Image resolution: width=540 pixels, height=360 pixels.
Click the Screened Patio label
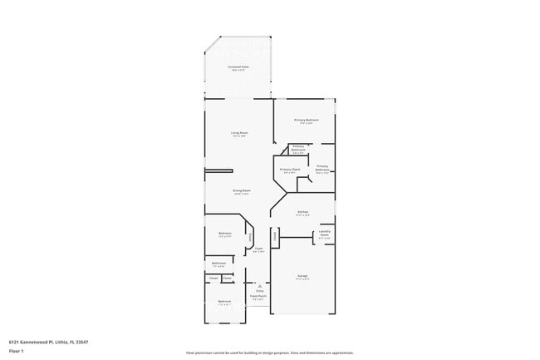pos(239,67)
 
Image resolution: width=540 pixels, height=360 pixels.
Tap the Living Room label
pos(239,134)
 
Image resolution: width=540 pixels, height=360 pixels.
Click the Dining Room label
pos(241,191)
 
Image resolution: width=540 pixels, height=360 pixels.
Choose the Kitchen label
pos(303,213)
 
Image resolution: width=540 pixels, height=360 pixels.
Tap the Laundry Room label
pos(325,233)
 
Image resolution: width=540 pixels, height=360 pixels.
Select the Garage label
pos(302,277)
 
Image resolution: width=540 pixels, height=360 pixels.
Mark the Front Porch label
pos(258,297)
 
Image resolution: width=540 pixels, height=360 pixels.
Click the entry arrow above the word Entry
pos(258,284)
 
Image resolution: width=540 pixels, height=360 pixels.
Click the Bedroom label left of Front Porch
pos(224,302)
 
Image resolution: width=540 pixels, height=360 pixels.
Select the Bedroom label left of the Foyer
pos(224,234)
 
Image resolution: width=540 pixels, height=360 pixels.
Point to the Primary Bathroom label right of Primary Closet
pos(322,169)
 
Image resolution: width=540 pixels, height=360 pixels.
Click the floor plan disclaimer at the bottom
pos(269,353)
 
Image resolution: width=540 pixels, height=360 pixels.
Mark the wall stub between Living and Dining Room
pos(218,171)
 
